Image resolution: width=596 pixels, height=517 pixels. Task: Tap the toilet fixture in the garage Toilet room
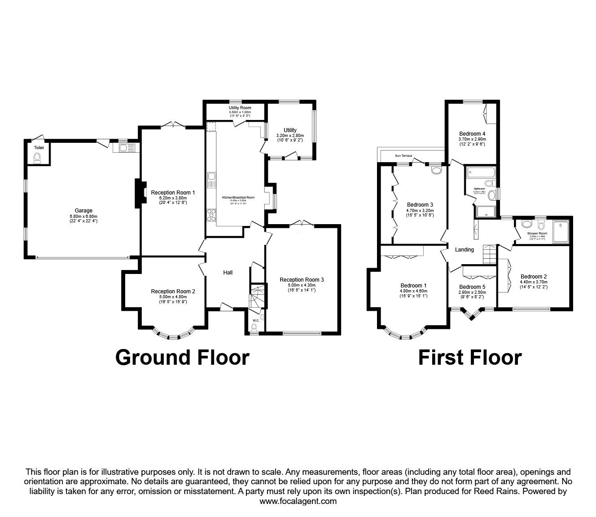pyautogui.click(x=38, y=157)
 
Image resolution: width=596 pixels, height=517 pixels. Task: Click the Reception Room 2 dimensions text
pyautogui.click(x=173, y=302)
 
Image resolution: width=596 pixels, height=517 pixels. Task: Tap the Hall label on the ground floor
pyautogui.click(x=228, y=272)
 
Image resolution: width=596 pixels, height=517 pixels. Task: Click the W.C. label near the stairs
pyautogui.click(x=256, y=320)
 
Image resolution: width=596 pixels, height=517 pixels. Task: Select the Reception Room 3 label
pyautogui.click(x=302, y=279)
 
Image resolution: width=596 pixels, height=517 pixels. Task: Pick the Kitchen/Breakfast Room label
pyautogui.click(x=238, y=197)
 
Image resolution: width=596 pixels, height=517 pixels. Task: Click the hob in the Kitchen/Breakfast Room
pyautogui.click(x=210, y=215)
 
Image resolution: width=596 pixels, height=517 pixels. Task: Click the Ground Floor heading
pyautogui.click(x=182, y=358)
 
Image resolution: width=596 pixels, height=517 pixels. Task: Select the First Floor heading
pyautogui.click(x=470, y=358)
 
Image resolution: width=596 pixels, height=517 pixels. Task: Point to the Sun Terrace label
pyautogui.click(x=403, y=155)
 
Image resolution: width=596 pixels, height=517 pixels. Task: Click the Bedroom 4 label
pyautogui.click(x=472, y=133)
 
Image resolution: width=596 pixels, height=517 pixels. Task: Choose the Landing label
pyautogui.click(x=465, y=250)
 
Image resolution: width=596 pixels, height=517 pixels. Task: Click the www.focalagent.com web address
pyautogui.click(x=298, y=501)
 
